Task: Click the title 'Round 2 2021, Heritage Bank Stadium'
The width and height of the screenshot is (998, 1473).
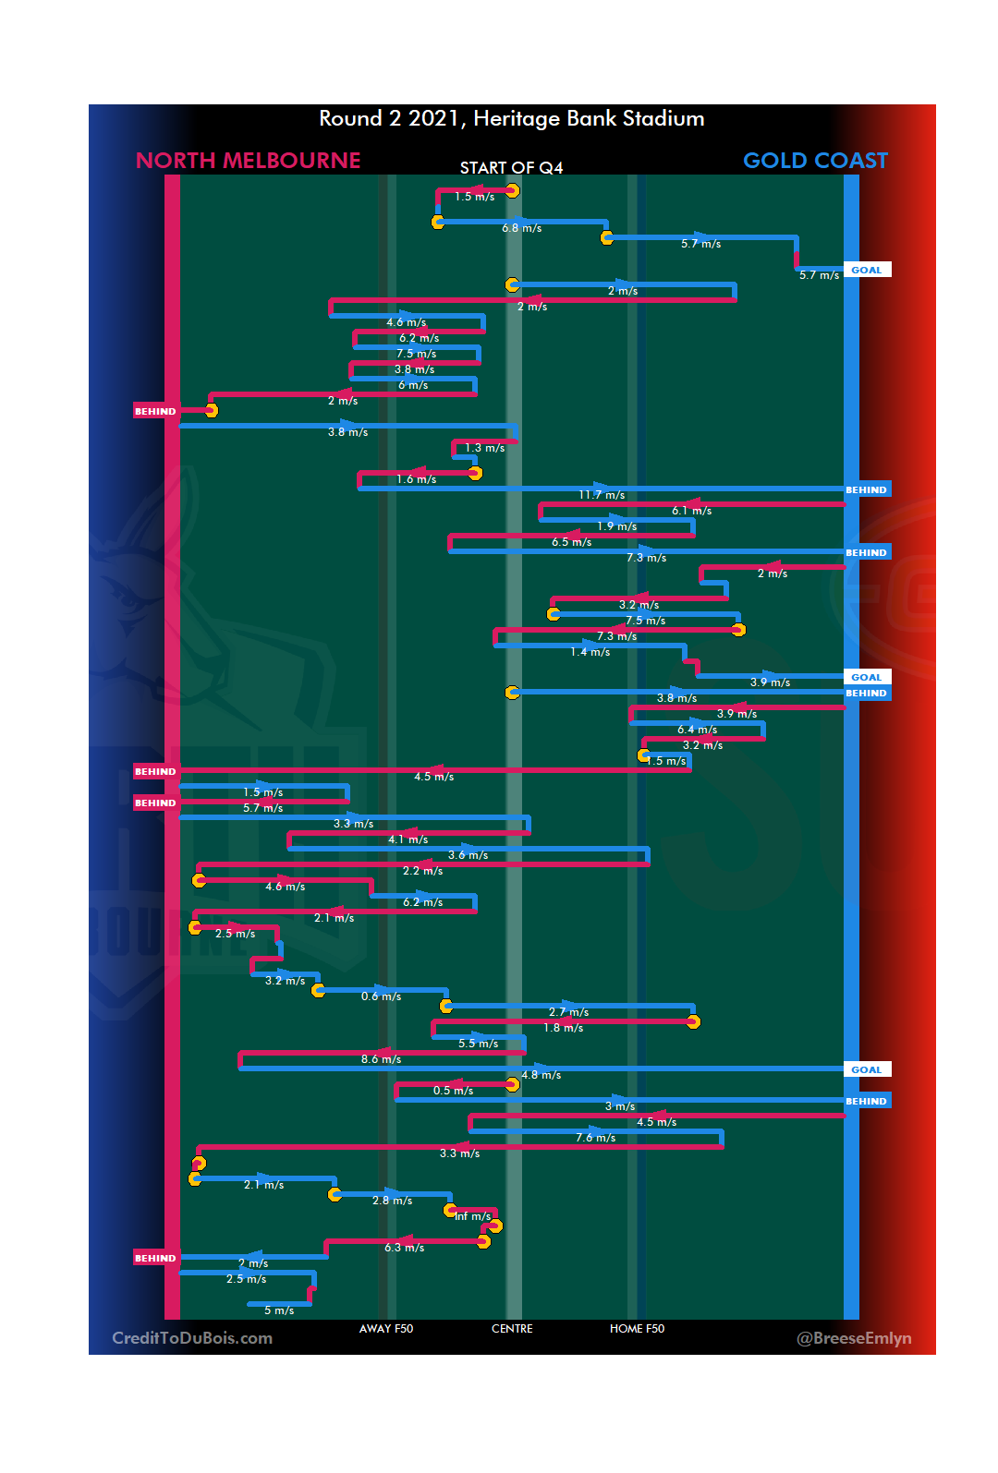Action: tap(511, 119)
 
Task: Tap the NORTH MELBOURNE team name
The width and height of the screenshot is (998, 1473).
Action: tap(248, 161)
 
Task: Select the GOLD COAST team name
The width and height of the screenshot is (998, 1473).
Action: tap(815, 161)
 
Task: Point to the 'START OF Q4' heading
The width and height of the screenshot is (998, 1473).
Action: tap(511, 168)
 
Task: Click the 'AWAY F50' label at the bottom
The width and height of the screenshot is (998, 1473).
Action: tap(386, 1329)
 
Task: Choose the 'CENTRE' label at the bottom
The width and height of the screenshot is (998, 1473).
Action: tap(512, 1329)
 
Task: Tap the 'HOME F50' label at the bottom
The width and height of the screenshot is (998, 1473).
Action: tap(637, 1329)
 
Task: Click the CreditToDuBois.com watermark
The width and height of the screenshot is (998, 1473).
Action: tap(192, 1338)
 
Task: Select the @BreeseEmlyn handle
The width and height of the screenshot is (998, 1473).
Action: tap(854, 1338)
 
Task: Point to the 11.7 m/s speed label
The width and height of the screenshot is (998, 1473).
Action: tap(602, 496)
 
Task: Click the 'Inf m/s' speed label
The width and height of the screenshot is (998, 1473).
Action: tap(472, 1217)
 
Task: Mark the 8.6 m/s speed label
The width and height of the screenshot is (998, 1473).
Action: tap(381, 1060)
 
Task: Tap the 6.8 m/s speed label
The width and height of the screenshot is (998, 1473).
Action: tap(521, 228)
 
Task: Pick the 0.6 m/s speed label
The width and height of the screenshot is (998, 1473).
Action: tap(381, 997)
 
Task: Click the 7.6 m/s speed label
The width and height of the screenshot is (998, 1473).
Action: tap(595, 1139)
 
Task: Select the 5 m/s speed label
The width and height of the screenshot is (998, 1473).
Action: tap(279, 1311)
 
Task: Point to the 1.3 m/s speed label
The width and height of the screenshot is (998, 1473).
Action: tap(484, 449)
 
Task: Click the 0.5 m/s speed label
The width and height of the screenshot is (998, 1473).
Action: tap(453, 1092)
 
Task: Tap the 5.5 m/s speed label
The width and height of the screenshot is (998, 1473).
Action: tap(478, 1044)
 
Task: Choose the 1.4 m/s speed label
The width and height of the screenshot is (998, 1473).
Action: tap(590, 653)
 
